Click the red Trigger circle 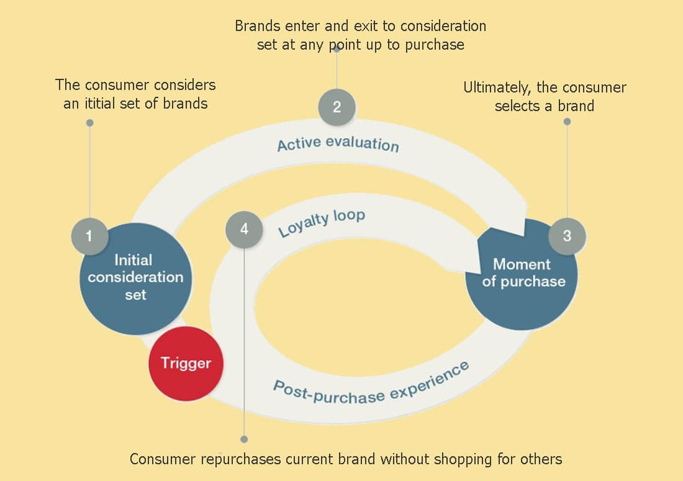click(186, 362)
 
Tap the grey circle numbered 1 click(89, 236)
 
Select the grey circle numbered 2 click(337, 107)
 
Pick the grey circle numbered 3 click(567, 236)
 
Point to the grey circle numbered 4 click(244, 229)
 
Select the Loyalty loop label click(322, 223)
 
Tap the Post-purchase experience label click(371, 382)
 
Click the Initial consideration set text click(135, 277)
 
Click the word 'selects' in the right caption click(517, 106)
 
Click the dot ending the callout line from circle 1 click(89, 123)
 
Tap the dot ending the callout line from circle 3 click(567, 122)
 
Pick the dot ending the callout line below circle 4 click(244, 439)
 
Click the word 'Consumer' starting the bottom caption click(161, 459)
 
